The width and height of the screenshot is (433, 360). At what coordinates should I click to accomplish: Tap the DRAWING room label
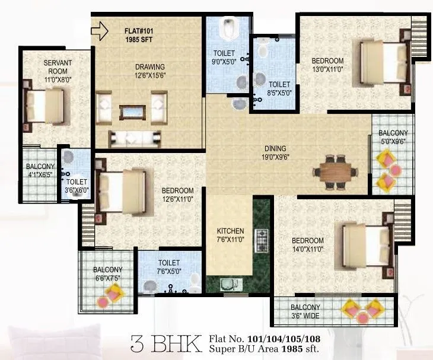(150, 67)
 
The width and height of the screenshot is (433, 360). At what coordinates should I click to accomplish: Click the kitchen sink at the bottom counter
(228, 285)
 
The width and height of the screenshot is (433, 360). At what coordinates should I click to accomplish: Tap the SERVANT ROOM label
(58, 67)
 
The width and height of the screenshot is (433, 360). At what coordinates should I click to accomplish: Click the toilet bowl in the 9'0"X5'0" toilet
(228, 27)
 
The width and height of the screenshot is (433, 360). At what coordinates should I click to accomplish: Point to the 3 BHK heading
(164, 343)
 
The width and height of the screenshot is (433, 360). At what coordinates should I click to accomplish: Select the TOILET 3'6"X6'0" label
(77, 186)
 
